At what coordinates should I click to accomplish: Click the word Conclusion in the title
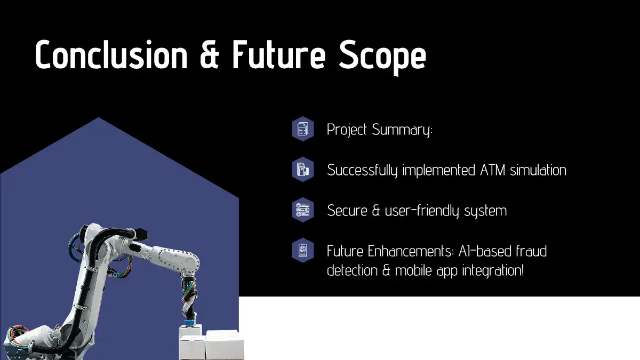coord(111,54)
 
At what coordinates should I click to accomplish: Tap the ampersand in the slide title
coord(210,54)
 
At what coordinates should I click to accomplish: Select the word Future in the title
coord(279,54)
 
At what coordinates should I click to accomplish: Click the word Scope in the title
coord(382,58)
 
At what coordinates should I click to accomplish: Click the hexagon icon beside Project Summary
coord(302,129)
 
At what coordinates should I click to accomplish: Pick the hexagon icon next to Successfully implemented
coord(302,170)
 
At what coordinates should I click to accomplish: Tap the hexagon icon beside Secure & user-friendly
coord(302,210)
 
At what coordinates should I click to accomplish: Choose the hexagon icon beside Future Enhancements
coord(302,251)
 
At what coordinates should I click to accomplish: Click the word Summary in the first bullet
coord(402,130)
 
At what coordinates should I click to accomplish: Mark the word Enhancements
coord(411,251)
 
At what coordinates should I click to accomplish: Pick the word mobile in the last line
coord(413,270)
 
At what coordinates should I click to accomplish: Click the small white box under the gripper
coord(190,331)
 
